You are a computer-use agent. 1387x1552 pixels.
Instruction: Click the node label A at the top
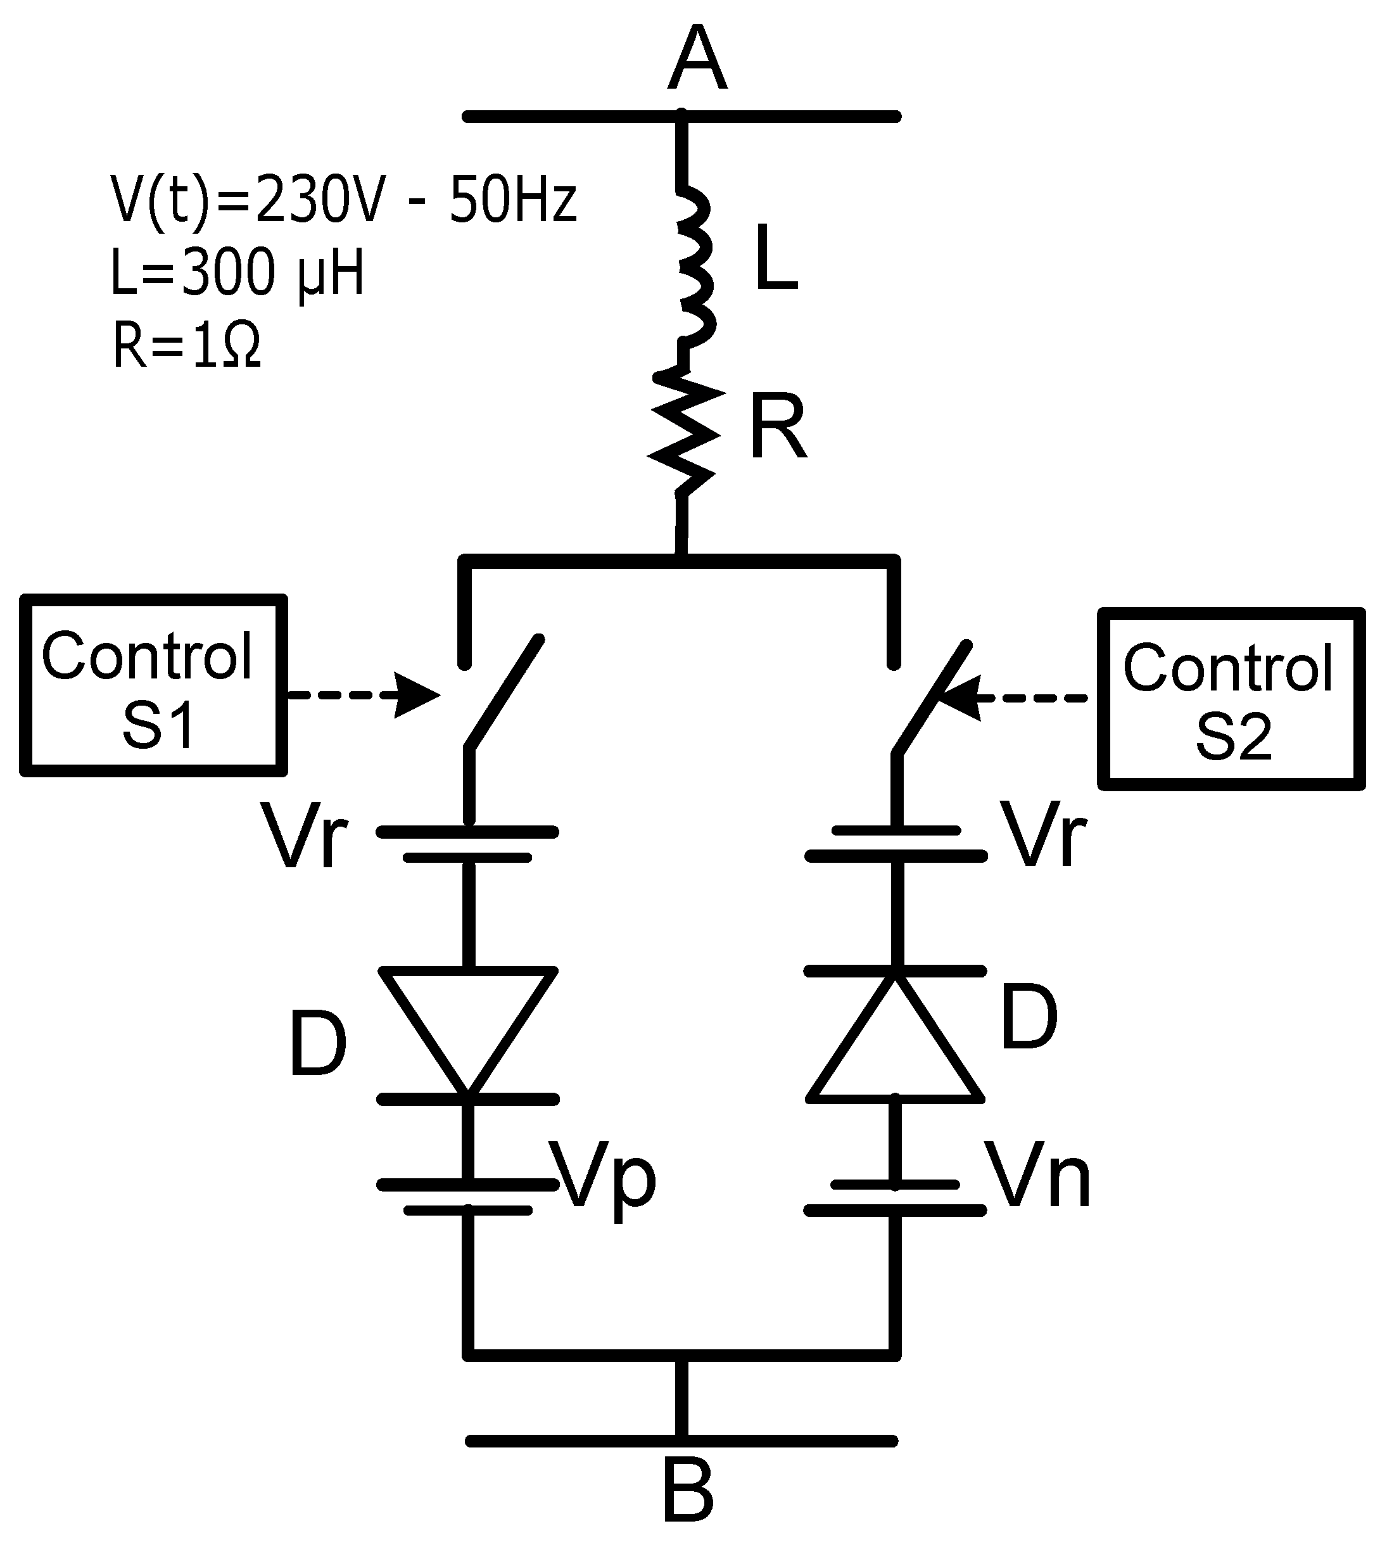tap(697, 60)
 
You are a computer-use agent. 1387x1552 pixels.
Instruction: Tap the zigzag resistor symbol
tap(683, 431)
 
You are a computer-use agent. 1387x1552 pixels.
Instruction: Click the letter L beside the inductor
tap(776, 259)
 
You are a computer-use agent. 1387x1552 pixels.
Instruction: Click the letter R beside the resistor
tap(777, 427)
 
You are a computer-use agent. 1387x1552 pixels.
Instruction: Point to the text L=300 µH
tap(237, 274)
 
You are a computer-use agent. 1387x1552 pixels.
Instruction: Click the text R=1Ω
tap(187, 346)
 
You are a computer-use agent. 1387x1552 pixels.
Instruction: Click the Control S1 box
tap(153, 685)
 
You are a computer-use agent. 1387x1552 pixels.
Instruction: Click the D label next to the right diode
tap(1029, 1017)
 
